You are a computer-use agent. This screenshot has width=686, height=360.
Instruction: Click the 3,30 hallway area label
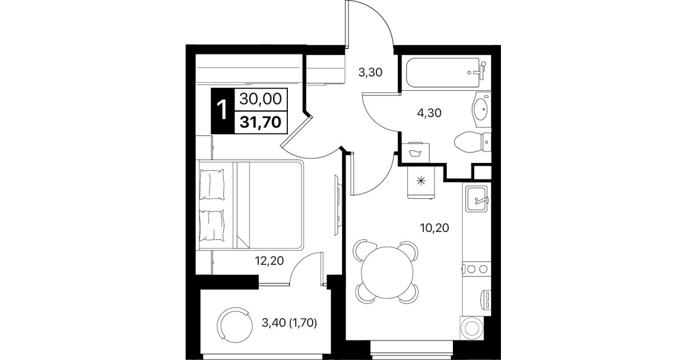[x=370, y=73]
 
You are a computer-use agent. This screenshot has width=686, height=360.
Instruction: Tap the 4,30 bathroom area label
[x=429, y=113]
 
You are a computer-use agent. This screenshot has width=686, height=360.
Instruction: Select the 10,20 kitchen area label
[x=435, y=228]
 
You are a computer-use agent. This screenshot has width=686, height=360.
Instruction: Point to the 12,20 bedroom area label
[x=269, y=261]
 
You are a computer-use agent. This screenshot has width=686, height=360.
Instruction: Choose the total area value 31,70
[x=260, y=122]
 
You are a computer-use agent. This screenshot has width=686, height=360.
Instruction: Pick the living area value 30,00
[x=260, y=99]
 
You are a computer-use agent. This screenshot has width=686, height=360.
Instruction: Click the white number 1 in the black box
[x=222, y=110]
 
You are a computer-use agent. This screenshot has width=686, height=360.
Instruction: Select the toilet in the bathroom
[x=472, y=142]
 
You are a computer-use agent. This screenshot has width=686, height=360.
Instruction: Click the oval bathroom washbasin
[x=481, y=109]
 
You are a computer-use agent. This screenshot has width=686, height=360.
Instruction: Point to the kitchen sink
[x=476, y=199]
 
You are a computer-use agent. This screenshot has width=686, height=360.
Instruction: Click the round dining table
[x=387, y=273]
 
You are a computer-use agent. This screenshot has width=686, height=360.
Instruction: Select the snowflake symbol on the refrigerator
[x=422, y=181]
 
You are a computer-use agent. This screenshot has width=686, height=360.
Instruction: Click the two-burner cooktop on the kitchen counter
[x=476, y=269]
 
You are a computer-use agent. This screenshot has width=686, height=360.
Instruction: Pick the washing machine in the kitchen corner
[x=472, y=328]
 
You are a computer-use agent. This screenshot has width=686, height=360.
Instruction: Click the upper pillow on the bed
[x=211, y=185]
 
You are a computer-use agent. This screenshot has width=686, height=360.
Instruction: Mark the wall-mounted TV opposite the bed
[x=338, y=205]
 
